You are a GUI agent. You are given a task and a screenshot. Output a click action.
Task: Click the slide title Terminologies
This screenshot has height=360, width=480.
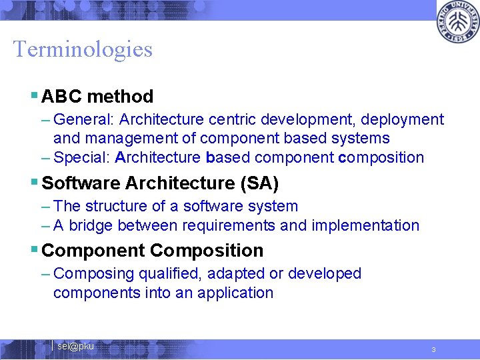click(x=83, y=49)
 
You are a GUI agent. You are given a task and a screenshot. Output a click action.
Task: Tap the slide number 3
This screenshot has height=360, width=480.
click(x=433, y=350)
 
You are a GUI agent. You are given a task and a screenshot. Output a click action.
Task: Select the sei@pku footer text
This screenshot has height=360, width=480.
click(x=75, y=346)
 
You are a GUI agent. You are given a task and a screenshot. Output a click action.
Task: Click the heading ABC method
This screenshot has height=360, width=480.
click(x=97, y=97)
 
